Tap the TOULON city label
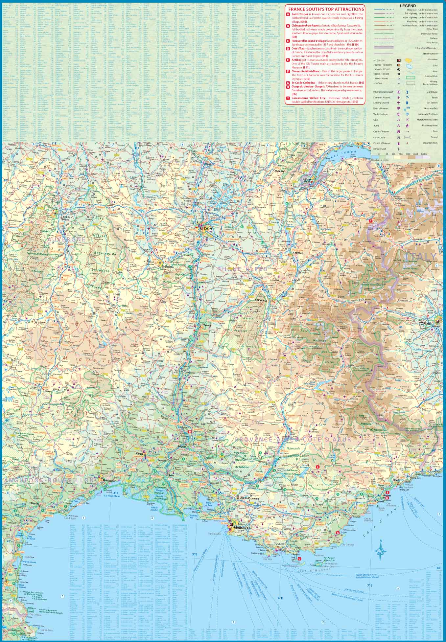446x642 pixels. click(279, 544)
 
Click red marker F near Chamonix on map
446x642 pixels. click(370, 221)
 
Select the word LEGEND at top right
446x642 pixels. click(408, 6)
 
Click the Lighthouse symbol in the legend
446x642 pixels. click(408, 92)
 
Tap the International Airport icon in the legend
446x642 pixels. click(399, 92)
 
